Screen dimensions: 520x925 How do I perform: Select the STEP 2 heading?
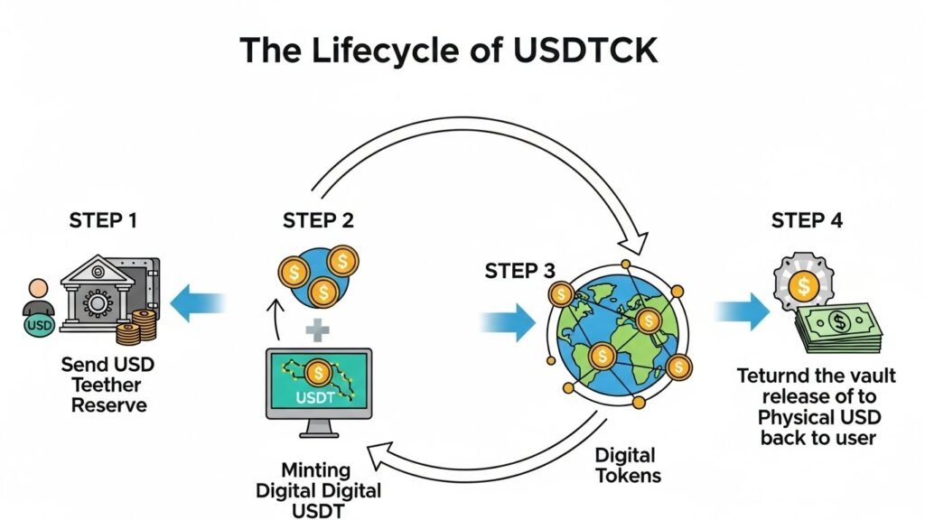pos(318,221)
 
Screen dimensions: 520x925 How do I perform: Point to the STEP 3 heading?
pos(520,271)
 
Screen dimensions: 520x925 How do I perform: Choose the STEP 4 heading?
pos(807,221)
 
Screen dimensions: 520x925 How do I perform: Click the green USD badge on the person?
pos(38,324)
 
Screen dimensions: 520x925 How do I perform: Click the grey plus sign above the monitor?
pos(317,330)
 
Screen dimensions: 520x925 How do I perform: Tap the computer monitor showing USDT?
pos(318,384)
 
